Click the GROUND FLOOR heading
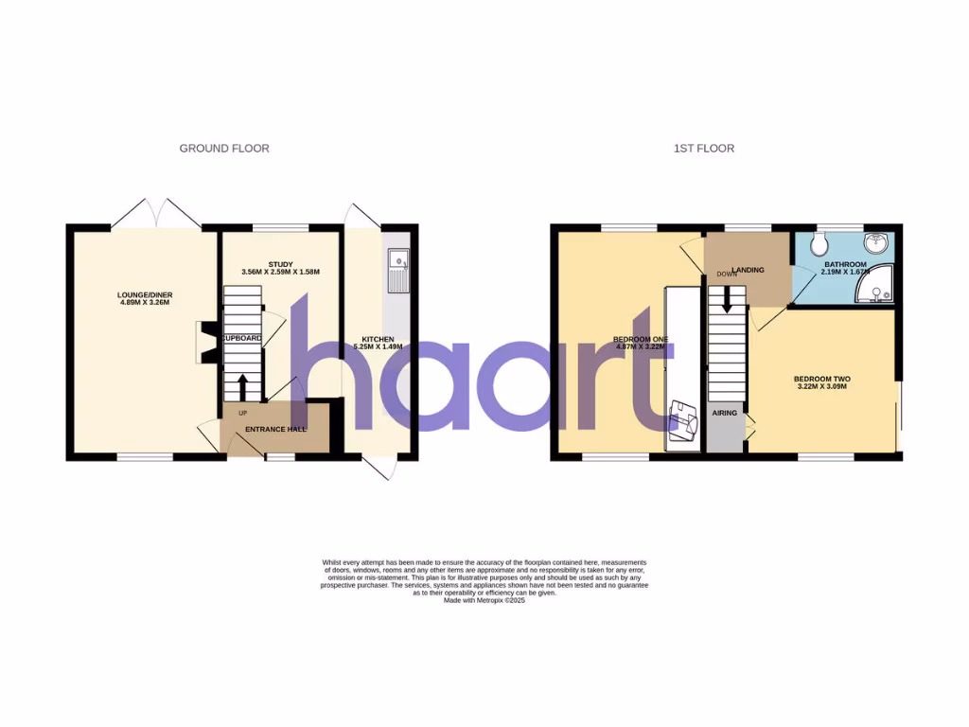[224, 149]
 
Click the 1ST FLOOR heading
[703, 149]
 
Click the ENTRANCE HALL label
[275, 430]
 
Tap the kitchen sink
[396, 258]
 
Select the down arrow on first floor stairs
[727, 300]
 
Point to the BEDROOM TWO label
[820, 377]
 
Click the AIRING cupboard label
[725, 414]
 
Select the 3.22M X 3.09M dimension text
[820, 386]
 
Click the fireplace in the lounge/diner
[204, 341]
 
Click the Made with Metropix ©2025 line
[484, 600]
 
